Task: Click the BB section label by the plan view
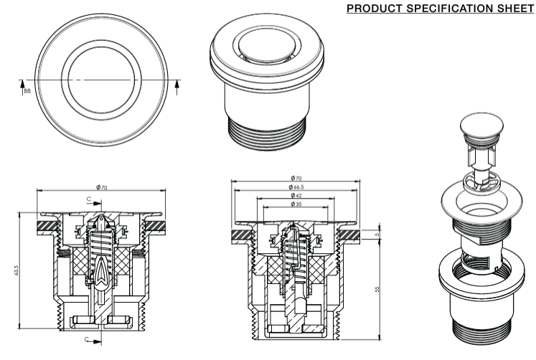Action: (x=27, y=91)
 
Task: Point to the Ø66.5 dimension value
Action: (x=296, y=186)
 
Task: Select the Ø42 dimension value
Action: (x=296, y=195)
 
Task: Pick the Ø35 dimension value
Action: (x=296, y=204)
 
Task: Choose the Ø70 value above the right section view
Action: (x=296, y=178)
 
